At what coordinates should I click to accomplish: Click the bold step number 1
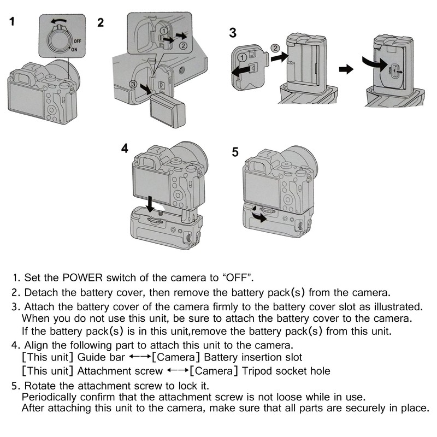[12, 23]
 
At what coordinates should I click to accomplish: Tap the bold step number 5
[235, 152]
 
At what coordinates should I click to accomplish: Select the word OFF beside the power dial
[78, 41]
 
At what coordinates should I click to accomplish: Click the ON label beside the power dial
[74, 49]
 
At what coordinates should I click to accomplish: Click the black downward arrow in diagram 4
[150, 203]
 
